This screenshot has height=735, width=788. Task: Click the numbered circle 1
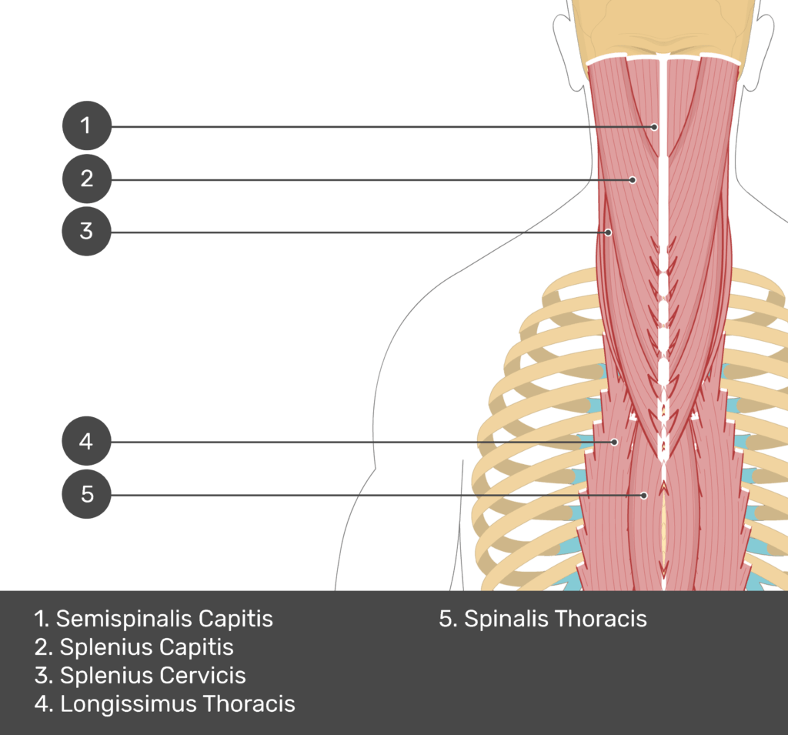tap(86, 125)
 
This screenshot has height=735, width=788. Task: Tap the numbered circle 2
tap(86, 179)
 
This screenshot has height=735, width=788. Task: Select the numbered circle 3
tap(86, 231)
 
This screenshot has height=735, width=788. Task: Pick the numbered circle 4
tap(86, 442)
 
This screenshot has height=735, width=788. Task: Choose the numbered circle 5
tap(86, 493)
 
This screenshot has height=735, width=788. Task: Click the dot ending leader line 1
tap(654, 126)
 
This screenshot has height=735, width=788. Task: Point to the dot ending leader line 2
tap(633, 180)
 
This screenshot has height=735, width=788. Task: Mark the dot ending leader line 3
tap(608, 232)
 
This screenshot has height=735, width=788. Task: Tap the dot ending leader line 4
tap(614, 442)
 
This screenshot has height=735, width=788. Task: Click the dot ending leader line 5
tap(645, 495)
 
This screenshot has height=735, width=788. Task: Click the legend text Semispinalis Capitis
tap(154, 619)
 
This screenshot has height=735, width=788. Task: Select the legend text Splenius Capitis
tap(135, 647)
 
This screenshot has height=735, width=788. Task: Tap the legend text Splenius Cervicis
tap(141, 676)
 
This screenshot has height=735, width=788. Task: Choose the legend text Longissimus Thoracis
tap(165, 703)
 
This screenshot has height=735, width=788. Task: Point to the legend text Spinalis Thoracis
tap(543, 619)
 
